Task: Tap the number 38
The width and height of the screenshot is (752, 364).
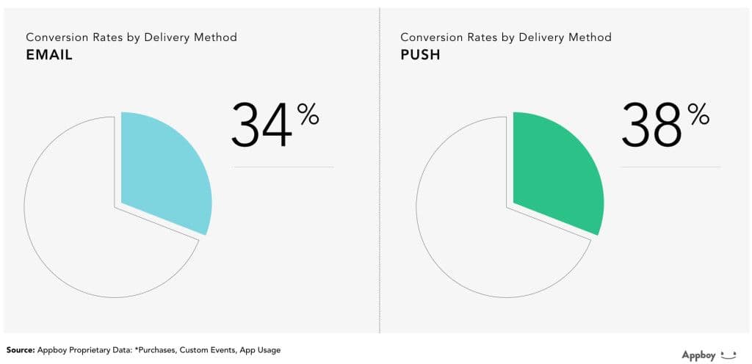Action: (652, 125)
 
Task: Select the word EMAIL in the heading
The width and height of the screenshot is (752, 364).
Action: (49, 55)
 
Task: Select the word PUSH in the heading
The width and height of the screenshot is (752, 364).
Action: (421, 55)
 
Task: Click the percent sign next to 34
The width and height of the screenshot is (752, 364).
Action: (308, 114)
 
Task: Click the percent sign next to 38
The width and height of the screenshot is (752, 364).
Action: (698, 114)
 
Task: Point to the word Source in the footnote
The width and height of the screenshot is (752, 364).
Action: (21, 350)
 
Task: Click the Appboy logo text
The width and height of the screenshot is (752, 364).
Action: (698, 355)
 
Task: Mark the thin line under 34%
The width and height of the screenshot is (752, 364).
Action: (283, 167)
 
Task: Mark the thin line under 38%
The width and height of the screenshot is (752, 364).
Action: (670, 167)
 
